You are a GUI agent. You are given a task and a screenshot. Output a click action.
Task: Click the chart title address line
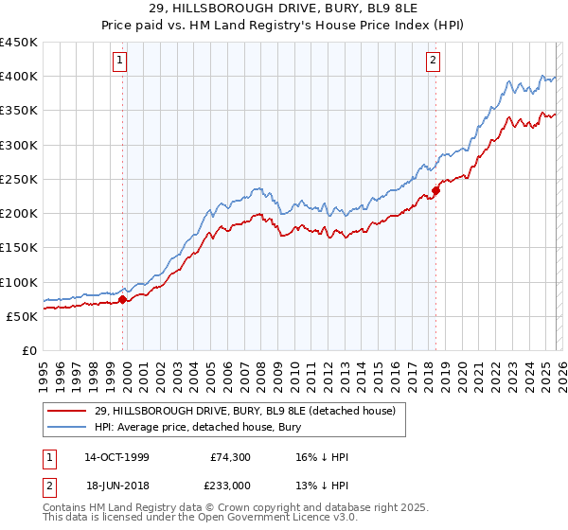284,9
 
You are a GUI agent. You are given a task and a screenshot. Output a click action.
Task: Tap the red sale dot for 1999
123,299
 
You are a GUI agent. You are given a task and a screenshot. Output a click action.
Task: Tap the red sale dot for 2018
435,190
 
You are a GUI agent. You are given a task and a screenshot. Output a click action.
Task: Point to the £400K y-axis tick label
19,77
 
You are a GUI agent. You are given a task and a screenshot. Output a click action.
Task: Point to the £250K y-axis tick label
19,179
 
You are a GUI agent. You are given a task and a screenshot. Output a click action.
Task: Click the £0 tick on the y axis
30,350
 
